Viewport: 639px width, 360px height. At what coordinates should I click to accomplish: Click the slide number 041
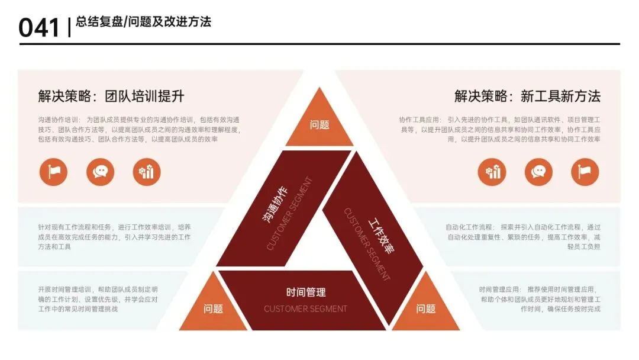39,27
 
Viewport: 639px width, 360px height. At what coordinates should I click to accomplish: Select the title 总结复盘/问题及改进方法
143,22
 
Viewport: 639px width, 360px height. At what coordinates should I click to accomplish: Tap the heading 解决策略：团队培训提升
111,97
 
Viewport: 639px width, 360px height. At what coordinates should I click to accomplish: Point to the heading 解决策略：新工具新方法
527,97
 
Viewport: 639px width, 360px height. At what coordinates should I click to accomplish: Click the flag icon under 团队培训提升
53,172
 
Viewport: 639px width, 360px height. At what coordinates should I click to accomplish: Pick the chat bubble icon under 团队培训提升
100,172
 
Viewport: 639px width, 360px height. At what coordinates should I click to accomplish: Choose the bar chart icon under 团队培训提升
147,172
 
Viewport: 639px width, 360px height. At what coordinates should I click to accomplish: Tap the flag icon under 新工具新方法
585,172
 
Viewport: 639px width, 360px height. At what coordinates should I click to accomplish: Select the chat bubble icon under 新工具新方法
538,172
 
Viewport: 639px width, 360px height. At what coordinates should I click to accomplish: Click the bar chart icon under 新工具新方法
492,172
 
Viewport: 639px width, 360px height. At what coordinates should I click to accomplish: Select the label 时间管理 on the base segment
306,292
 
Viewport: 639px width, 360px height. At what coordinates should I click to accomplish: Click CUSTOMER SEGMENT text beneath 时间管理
305,308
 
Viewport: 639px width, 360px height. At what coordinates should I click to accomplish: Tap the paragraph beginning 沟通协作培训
140,129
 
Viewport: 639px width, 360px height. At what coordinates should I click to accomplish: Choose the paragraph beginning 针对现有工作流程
114,237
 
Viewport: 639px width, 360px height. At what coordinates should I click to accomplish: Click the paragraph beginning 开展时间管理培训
98,299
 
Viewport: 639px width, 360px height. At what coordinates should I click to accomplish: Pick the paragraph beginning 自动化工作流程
523,237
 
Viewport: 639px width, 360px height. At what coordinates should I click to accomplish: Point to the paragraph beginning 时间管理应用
540,299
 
